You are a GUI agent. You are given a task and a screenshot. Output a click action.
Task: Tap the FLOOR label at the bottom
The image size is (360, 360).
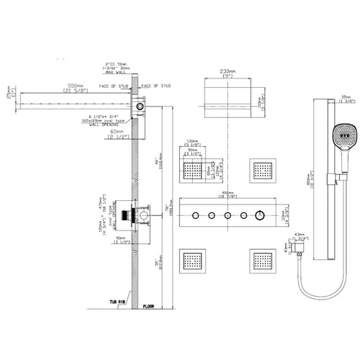pyautogui.click(x=148, y=305)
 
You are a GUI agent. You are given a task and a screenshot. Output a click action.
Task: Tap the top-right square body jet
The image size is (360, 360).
pyautogui.click(x=263, y=170)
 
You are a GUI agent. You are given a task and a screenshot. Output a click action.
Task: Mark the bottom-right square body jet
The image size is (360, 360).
pyautogui.click(x=262, y=260)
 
